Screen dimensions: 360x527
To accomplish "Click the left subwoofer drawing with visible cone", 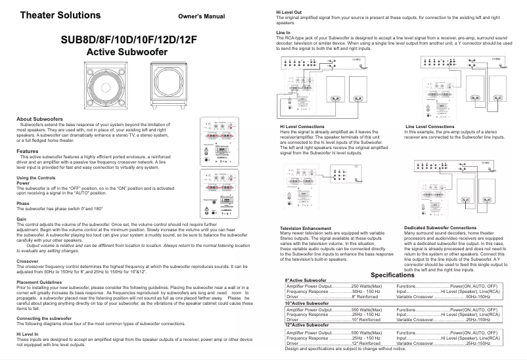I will point(106,88).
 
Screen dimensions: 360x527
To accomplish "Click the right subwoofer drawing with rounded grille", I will point(167,88).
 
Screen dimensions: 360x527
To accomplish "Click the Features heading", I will point(27,152).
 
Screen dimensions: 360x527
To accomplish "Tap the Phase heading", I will point(23,203).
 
